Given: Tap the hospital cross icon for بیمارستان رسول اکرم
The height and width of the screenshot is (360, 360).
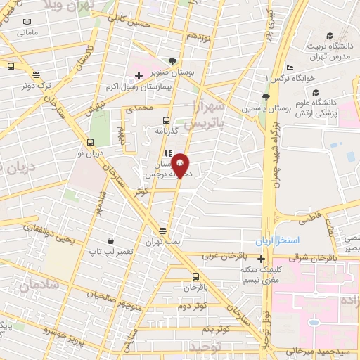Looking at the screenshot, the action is pyautogui.click(x=139, y=74).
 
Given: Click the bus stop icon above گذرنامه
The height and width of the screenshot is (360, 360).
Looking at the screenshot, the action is pyautogui.click(x=167, y=120).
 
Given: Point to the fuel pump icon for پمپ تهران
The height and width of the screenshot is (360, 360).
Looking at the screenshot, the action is pyautogui.click(x=163, y=230).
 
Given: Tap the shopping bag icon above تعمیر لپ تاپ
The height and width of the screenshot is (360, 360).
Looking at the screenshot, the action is pyautogui.click(x=110, y=240).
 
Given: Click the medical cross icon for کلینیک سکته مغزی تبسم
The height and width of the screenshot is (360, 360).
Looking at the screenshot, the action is pyautogui.click(x=261, y=257).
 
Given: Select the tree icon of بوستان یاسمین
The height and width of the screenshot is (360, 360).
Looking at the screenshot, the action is pyautogui.click(x=265, y=98).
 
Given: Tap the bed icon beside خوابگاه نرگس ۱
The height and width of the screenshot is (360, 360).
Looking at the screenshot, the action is pyautogui.click(x=290, y=67).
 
